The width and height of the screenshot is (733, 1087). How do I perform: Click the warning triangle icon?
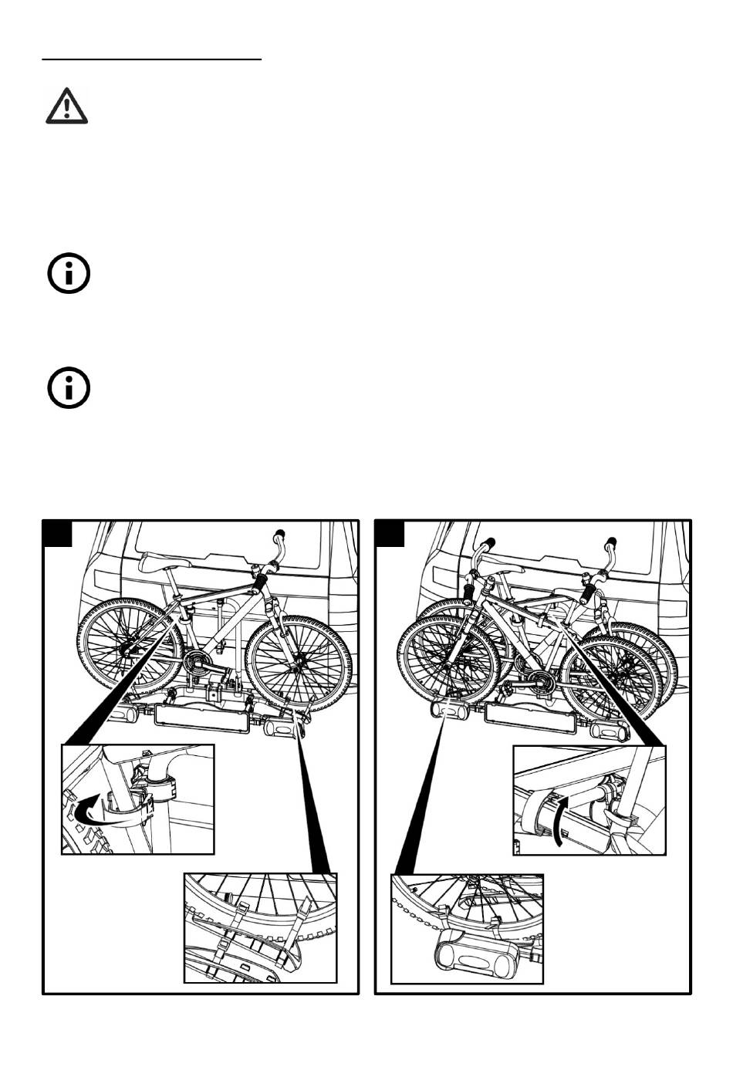click(x=67, y=106)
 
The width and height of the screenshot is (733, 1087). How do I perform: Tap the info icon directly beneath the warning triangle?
click(x=69, y=274)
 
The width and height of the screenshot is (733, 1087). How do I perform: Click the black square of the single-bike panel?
click(x=58, y=534)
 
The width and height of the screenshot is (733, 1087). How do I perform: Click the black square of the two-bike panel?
click(x=390, y=534)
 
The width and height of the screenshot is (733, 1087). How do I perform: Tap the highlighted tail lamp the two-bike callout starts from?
click(x=444, y=707)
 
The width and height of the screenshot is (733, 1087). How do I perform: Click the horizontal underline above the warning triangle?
click(x=152, y=58)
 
